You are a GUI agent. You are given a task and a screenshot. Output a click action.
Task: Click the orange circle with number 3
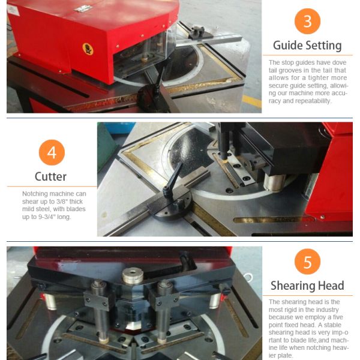(307, 22)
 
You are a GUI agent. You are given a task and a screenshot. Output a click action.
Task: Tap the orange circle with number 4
(52, 152)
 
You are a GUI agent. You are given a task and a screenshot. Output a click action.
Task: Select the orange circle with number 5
(307, 262)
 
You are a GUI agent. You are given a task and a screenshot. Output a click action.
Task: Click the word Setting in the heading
(325, 46)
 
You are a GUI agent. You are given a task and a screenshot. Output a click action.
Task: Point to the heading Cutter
(51, 176)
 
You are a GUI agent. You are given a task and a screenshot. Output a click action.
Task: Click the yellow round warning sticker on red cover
(88, 49)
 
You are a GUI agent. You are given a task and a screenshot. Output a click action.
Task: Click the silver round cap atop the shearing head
(133, 275)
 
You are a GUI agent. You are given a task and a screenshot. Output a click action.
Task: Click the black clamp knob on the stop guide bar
(197, 31)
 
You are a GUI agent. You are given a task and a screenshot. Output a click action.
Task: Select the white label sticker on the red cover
(13, 10)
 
